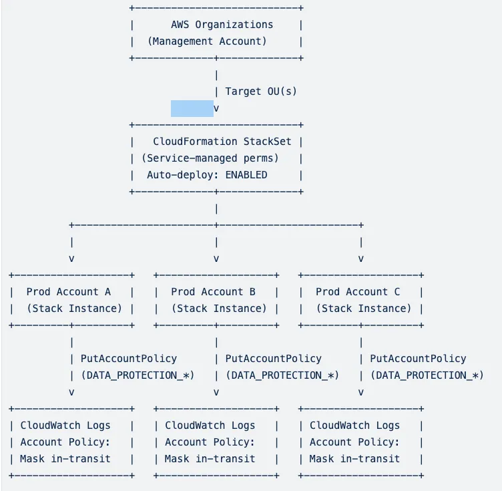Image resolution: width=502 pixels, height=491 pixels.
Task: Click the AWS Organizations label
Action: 222,25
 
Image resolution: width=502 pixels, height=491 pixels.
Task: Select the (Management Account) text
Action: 207,41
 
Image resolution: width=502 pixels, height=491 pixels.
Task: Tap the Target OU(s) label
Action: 260,92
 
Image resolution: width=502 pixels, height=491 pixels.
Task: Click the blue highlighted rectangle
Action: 192,108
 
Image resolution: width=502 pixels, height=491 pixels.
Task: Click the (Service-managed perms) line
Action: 210,158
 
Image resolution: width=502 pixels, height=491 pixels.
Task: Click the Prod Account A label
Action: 69,292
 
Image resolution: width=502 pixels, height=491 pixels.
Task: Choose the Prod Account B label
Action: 213,292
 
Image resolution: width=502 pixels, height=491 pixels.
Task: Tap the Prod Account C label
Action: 358,292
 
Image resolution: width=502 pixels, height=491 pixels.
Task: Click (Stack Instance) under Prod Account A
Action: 74,309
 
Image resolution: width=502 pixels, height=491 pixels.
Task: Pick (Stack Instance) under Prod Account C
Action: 363,309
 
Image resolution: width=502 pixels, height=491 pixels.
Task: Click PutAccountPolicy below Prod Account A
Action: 129,359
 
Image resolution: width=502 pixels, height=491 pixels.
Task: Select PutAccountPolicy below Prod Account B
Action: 273,359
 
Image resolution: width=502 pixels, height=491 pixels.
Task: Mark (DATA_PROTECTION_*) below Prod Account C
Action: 427,375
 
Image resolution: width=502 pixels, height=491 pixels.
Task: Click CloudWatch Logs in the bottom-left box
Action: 65,426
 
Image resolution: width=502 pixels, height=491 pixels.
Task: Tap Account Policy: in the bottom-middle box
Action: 210,442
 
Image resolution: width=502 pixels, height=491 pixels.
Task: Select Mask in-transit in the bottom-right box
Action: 354,459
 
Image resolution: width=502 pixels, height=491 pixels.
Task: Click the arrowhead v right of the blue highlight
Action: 216,108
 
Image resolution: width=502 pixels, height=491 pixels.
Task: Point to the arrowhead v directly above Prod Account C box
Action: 361,259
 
